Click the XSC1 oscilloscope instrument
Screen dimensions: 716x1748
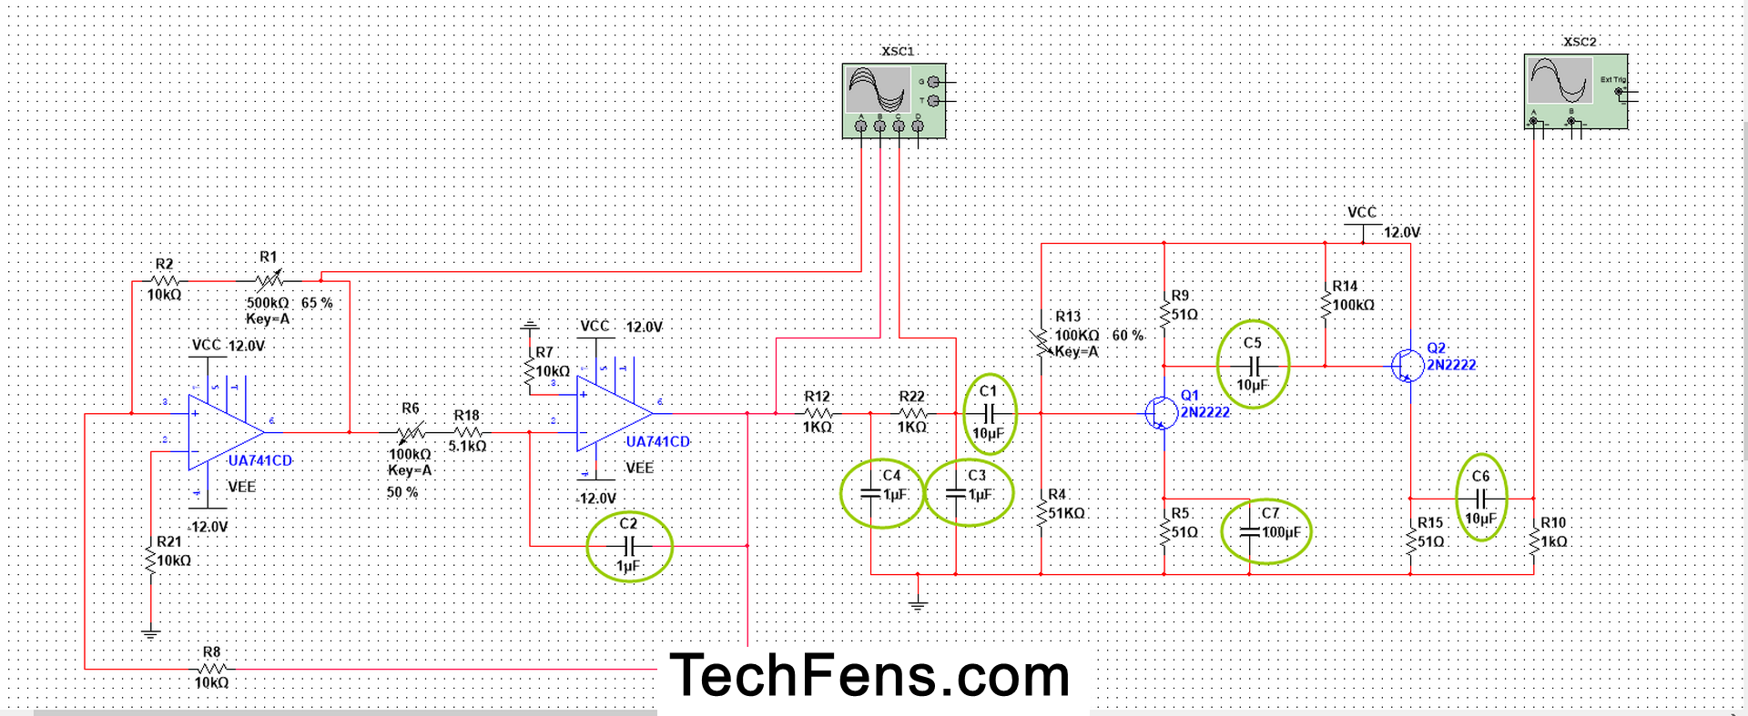[x=893, y=100]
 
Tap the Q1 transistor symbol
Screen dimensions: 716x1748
[x=1159, y=413]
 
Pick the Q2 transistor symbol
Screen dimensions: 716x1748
[x=1407, y=366]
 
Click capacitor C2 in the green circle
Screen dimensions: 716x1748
[x=628, y=546]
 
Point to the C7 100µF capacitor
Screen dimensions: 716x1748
[x=1250, y=532]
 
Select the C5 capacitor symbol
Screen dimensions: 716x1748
[x=1253, y=366]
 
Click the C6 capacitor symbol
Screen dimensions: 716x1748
[x=1480, y=499]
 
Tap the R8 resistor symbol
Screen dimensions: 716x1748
[x=211, y=669]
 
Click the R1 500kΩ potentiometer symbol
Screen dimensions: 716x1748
[x=269, y=280]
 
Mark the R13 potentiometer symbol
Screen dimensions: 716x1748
[x=1041, y=341]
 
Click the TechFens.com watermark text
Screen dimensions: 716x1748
[x=869, y=676]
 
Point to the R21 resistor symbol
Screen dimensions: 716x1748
[x=151, y=558]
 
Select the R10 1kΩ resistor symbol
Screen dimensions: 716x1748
[x=1534, y=541]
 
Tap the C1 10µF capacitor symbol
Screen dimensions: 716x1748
[x=988, y=414]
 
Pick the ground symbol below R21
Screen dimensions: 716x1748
[x=151, y=633]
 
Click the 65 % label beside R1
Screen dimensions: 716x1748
[x=317, y=303]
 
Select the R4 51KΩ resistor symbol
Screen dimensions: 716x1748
[x=1041, y=514]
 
